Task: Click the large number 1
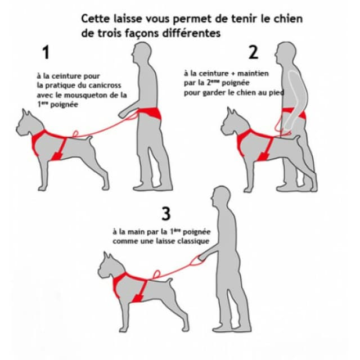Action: pyautogui.click(x=46, y=52)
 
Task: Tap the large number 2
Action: pyautogui.click(x=254, y=52)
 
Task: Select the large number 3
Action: pyautogui.click(x=166, y=214)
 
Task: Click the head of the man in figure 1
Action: pyautogui.click(x=141, y=52)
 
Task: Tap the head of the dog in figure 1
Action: pyautogui.click(x=30, y=124)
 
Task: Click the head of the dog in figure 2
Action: pyautogui.click(x=235, y=123)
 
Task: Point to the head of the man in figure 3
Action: pyautogui.click(x=221, y=196)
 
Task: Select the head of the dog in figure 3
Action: pyautogui.click(x=111, y=266)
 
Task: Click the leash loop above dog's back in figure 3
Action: pyautogui.click(x=156, y=274)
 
